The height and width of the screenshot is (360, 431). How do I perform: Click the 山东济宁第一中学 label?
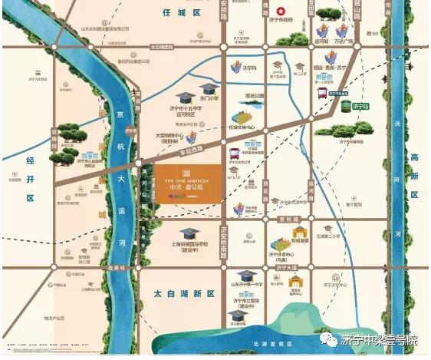245,284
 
